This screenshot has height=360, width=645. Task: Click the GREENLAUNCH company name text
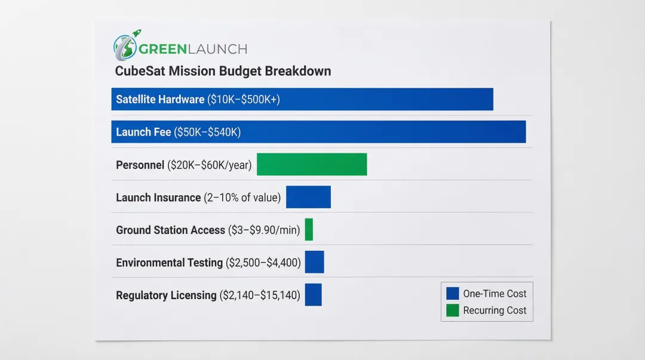tap(193, 49)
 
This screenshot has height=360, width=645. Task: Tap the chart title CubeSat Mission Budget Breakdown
tap(223, 71)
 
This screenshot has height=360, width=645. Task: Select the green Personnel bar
tap(312, 164)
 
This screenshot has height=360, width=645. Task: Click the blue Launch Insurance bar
tap(308, 197)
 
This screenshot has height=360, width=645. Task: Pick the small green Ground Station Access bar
tap(309, 229)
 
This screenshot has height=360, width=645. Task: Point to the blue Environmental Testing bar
tap(314, 262)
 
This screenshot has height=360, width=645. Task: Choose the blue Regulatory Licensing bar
tap(313, 294)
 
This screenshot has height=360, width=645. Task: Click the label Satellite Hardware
tap(160, 100)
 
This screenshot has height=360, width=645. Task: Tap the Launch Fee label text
tap(143, 132)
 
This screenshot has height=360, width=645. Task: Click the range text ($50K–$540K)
tap(207, 132)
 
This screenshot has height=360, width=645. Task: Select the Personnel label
tap(140, 165)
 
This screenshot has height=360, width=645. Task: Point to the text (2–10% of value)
tap(242, 197)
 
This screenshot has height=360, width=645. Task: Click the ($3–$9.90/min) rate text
tap(264, 230)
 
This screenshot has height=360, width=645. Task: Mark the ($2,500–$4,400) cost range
tap(263, 262)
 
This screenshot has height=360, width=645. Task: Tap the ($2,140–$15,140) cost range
tap(260, 295)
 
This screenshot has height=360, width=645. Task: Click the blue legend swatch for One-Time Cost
tap(453, 293)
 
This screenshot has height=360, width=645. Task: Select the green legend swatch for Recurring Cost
tap(453, 310)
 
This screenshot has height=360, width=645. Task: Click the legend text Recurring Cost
tap(494, 310)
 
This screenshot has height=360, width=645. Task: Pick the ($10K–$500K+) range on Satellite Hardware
tap(244, 100)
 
